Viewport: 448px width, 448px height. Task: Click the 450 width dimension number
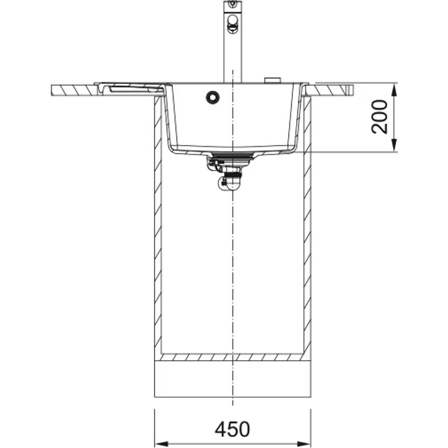click(x=232, y=430)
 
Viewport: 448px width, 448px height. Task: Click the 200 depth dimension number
click(x=380, y=116)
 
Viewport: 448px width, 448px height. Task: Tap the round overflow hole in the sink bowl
click(x=213, y=97)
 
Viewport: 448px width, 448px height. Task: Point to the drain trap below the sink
click(x=230, y=180)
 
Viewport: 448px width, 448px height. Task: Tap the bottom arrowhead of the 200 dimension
click(x=395, y=147)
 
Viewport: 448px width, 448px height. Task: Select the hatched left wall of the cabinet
click(x=158, y=224)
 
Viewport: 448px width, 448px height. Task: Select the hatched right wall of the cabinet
click(x=307, y=224)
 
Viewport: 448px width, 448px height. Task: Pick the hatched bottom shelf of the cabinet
click(x=232, y=357)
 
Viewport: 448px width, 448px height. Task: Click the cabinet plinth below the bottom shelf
click(x=232, y=379)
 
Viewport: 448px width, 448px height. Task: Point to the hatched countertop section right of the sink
click(x=330, y=90)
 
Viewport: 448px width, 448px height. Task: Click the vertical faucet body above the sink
click(x=232, y=56)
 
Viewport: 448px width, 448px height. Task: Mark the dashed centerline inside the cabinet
click(x=232, y=269)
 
